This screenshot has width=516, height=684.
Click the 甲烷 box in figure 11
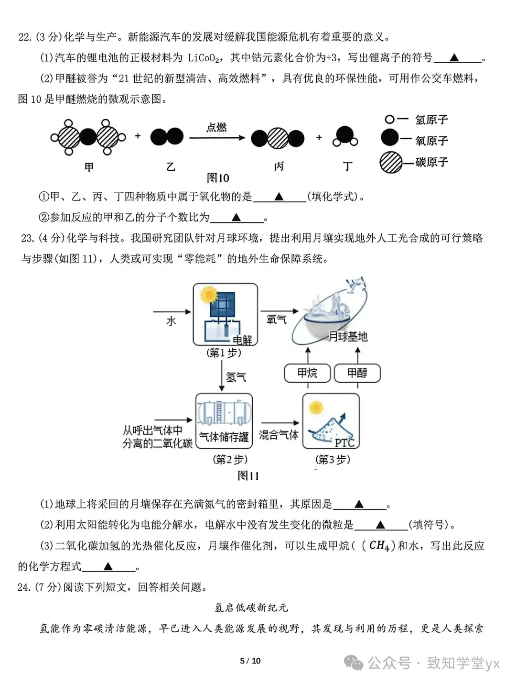307,373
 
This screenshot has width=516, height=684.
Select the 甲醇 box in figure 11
357,373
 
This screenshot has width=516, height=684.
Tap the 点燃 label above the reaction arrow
216,127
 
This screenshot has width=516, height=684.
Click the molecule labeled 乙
167,137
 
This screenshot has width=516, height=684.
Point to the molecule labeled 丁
345,136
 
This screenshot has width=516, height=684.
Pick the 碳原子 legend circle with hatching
391,162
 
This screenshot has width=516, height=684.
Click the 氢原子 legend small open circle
389,120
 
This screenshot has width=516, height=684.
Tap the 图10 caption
218,178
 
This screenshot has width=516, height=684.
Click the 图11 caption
248,475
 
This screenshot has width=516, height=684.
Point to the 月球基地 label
348,337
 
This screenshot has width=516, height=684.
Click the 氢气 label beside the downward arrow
236,377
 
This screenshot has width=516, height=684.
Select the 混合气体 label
279,435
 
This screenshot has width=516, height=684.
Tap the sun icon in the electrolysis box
209,295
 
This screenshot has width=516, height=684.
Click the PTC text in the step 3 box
344,442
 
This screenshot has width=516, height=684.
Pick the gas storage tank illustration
224,413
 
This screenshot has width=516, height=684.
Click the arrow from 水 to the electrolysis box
172,312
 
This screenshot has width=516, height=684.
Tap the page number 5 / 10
250,661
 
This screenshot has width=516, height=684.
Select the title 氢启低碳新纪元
251,607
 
